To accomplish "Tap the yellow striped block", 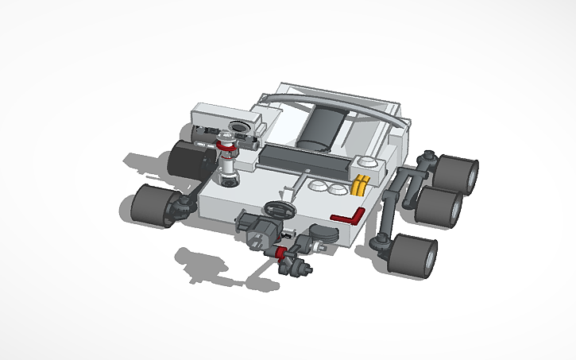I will pyautogui.click(x=361, y=184).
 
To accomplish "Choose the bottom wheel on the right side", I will pyautogui.click(x=414, y=256).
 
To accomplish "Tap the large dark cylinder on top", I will pyautogui.click(x=322, y=127).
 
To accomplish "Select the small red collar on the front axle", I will pyautogui.click(x=280, y=253).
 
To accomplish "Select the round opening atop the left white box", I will pyautogui.click(x=238, y=127).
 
